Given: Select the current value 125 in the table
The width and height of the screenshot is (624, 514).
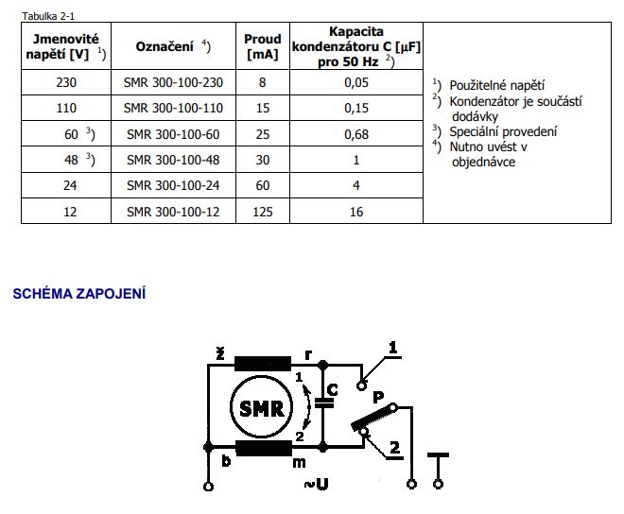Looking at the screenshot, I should (x=263, y=213).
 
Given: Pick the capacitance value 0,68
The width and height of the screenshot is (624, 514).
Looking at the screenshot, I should (x=356, y=134).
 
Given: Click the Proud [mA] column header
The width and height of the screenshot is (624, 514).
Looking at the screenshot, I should (x=263, y=47).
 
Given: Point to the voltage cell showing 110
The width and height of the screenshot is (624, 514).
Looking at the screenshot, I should (x=66, y=109).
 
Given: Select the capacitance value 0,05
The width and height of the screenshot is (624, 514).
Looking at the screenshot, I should (x=356, y=82).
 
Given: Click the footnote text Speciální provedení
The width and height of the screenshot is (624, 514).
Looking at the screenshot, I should (x=503, y=131).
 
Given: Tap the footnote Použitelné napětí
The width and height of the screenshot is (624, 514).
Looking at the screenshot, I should (x=496, y=85).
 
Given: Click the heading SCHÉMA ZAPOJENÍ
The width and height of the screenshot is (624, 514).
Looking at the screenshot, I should (x=78, y=294).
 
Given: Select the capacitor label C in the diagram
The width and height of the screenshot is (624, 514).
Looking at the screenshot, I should (x=331, y=387).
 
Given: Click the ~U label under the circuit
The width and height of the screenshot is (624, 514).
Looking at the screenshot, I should (x=316, y=485).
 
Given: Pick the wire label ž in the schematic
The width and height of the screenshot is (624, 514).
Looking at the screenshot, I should (x=219, y=353).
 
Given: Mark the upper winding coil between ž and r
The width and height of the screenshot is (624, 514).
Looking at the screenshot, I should (x=264, y=363).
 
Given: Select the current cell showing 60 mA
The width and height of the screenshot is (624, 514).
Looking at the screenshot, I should (x=263, y=186).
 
